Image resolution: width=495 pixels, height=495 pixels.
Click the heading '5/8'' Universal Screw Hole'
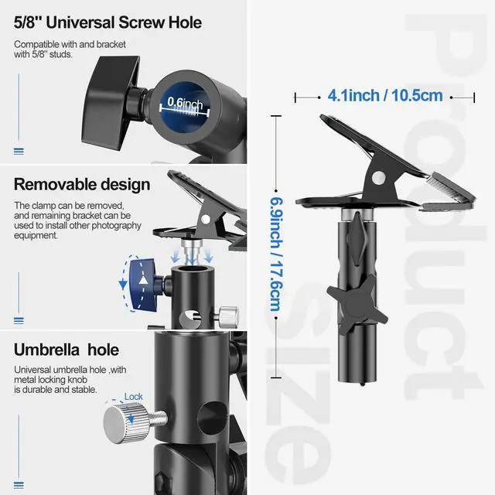coord(108,22)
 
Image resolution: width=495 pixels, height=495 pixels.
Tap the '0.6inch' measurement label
coord(186,104)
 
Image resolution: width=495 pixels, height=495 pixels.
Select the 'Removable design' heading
coord(81,184)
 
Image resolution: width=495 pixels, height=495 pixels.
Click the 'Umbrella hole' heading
coord(66,350)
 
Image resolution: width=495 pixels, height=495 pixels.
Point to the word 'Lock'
coord(134,397)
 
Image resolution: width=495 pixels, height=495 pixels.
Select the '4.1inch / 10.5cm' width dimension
coord(384,95)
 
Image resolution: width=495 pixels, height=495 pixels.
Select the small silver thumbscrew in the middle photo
coord(228,314)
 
